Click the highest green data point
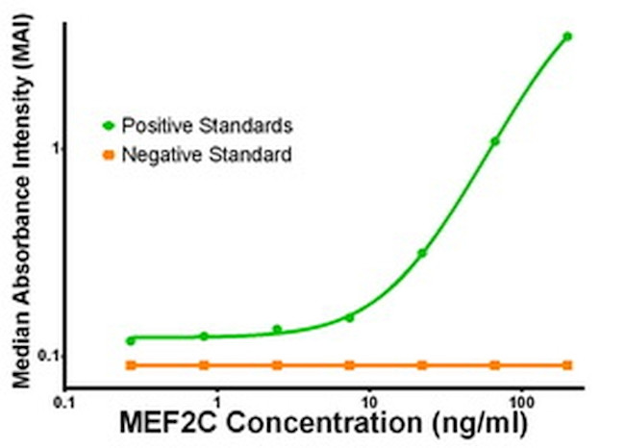[x=567, y=37]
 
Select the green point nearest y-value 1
[x=495, y=141]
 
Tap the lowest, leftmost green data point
[x=131, y=340]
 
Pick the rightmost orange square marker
[x=567, y=365]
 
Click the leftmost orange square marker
[x=131, y=365]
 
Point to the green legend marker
[x=109, y=125]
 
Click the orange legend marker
[x=109, y=154]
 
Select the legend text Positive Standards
[x=208, y=125]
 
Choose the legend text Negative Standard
[x=206, y=154]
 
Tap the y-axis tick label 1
[x=57, y=148]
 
